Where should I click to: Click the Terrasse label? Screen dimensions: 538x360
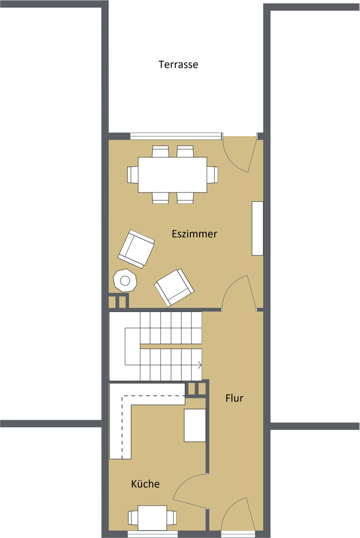pyautogui.click(x=178, y=65)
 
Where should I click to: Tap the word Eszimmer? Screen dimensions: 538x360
pyautogui.click(x=194, y=234)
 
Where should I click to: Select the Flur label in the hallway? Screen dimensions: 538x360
pyautogui.click(x=235, y=399)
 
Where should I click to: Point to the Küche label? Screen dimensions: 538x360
pyautogui.click(x=145, y=484)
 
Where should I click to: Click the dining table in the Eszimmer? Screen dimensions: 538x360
pyautogui.click(x=172, y=174)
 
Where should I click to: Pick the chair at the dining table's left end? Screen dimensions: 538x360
pyautogui.click(x=132, y=174)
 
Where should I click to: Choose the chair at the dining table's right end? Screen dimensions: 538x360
pyautogui.click(x=213, y=174)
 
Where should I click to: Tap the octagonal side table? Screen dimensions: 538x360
pyautogui.click(x=125, y=280)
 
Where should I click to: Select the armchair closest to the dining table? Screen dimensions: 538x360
pyautogui.click(x=136, y=249)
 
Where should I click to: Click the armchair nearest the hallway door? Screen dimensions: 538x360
pyautogui.click(x=174, y=287)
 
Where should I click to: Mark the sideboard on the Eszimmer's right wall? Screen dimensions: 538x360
pyautogui.click(x=257, y=228)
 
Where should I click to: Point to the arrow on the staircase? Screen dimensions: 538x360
pyautogui.click(x=199, y=365)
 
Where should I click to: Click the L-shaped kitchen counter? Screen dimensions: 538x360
pyautogui.click(x=121, y=425)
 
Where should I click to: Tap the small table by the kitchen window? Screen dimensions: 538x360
pyautogui.click(x=152, y=518)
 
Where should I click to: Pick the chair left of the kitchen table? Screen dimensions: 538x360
pyautogui.click(x=133, y=518)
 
